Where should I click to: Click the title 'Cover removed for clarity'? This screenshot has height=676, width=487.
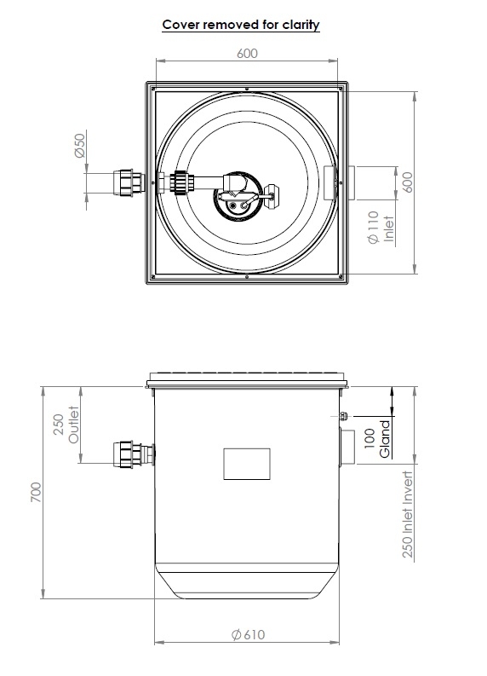coord(241,25)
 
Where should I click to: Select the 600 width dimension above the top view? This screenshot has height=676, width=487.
coord(247,53)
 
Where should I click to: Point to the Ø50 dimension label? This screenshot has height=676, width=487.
coord(79,147)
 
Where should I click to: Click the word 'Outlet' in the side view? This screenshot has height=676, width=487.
coord(75,424)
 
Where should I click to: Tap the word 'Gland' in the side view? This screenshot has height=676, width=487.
coord(385,438)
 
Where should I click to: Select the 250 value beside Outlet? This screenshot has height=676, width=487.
coord(59,425)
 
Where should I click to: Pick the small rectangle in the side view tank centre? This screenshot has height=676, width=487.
coord(246,463)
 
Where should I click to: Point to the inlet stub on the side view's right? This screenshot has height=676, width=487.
coord(346,448)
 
